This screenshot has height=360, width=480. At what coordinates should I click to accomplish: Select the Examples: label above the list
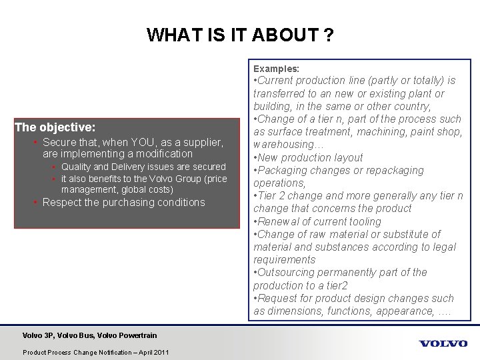pyautogui.click(x=276, y=69)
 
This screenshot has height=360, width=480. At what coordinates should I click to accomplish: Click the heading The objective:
pyautogui.click(x=55, y=125)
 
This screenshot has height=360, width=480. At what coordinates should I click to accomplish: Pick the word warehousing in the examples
pyautogui.click(x=283, y=145)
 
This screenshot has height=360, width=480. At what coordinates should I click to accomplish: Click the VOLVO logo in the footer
pyautogui.click(x=443, y=343)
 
